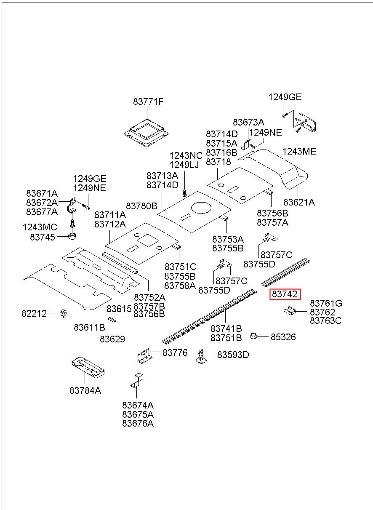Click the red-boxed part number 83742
pos(285,294)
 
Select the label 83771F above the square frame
pos(148,101)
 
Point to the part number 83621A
pos(299,202)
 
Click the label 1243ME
pos(299,152)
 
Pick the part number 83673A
pos(248,122)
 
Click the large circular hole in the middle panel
pos(201,208)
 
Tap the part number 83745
pos(42,237)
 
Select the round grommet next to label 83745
pos(73,235)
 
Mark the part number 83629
pos(112,339)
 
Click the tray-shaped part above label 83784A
pos(88,366)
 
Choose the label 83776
pos(175,353)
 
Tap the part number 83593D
pos(233,355)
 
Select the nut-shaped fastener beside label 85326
pos(254,336)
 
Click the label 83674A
pos(138,405)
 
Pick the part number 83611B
pos(89,327)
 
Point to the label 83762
pos(322,312)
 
